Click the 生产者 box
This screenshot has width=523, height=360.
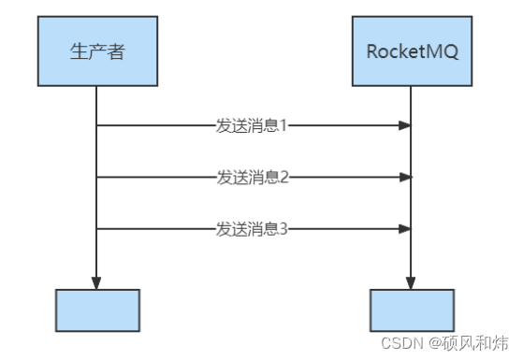tap(97, 51)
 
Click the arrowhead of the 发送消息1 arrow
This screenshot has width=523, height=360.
tap(405, 124)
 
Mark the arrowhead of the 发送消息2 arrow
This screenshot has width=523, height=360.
tap(405, 176)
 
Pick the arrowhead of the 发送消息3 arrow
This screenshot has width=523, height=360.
tap(405, 227)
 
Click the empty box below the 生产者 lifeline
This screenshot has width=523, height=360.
tap(97, 311)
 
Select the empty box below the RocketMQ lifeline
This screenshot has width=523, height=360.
tap(411, 311)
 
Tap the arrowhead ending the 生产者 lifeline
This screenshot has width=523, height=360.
tap(97, 282)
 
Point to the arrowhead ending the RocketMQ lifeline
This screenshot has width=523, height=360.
tap(411, 282)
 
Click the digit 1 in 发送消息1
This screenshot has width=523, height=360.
tap(284, 124)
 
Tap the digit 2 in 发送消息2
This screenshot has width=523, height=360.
tap(284, 176)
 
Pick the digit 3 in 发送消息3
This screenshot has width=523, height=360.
tap(284, 227)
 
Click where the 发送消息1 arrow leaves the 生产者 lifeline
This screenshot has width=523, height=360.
tap(97, 124)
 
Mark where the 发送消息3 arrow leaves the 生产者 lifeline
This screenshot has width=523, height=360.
tap(97, 227)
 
